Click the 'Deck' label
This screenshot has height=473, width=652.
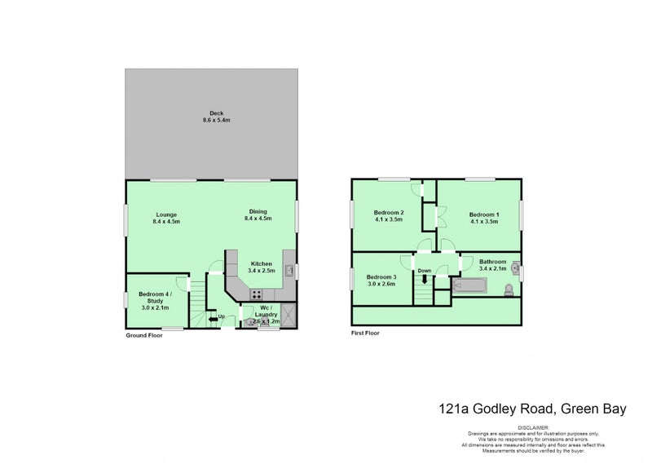(x=216, y=113)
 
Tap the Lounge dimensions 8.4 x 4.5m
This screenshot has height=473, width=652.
(x=167, y=221)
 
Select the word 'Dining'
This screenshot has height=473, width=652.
(x=258, y=212)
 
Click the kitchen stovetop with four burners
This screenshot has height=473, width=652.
(x=256, y=294)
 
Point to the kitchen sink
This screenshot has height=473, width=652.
(x=289, y=271)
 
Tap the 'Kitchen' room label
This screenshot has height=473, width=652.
(x=262, y=263)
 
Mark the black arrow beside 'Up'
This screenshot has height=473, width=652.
(x=213, y=318)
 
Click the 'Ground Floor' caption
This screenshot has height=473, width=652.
(x=143, y=335)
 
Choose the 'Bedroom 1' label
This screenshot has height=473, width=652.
(x=484, y=214)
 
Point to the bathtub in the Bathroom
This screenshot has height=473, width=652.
(x=469, y=286)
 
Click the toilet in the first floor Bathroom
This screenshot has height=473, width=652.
(x=509, y=290)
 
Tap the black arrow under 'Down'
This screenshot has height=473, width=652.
(x=424, y=280)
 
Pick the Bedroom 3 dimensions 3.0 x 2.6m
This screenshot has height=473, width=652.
(x=381, y=285)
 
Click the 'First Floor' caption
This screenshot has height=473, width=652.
(x=366, y=333)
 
